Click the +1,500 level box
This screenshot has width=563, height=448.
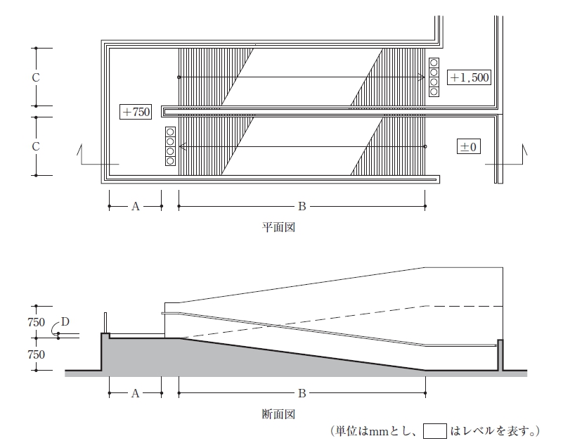click(469, 77)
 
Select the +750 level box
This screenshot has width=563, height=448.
click(136, 112)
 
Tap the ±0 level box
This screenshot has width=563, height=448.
click(469, 146)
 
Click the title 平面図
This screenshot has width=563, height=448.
click(278, 227)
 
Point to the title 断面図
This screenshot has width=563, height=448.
click(278, 414)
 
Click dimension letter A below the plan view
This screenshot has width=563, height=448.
click(136, 207)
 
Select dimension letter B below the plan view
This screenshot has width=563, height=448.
click(302, 207)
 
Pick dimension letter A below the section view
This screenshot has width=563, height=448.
click(136, 394)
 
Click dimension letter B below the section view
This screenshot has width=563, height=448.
click(302, 394)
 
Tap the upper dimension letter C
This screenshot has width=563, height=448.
click(36, 77)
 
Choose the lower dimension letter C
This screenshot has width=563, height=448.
click(36, 146)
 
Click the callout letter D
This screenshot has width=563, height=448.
click(65, 321)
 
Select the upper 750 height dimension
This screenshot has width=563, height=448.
click(36, 322)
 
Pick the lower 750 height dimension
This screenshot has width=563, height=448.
click(36, 354)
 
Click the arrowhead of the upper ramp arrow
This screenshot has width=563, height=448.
click(422, 77)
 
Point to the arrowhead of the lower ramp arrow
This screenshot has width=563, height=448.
click(181, 146)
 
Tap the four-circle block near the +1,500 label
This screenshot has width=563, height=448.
click(434, 77)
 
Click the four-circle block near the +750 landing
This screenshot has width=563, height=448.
click(170, 146)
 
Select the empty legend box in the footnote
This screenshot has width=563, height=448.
click(435, 431)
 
